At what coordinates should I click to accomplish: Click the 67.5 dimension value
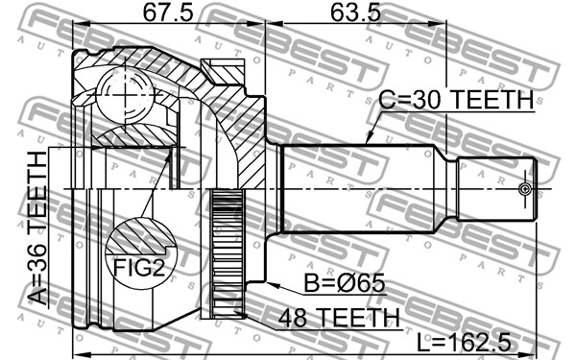coord(168,13)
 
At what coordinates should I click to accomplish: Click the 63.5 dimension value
coord(355,13)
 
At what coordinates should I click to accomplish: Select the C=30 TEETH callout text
coord(456,99)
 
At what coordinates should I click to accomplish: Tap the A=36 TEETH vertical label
coord(37,228)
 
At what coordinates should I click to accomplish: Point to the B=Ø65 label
coord(345,282)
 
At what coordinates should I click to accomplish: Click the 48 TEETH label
coord(339,318)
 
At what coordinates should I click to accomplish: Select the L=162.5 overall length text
coord(465,344)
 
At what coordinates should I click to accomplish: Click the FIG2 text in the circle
coord(139,267)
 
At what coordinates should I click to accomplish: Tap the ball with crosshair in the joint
coord(125,95)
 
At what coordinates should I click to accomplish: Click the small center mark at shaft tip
coord(525,189)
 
